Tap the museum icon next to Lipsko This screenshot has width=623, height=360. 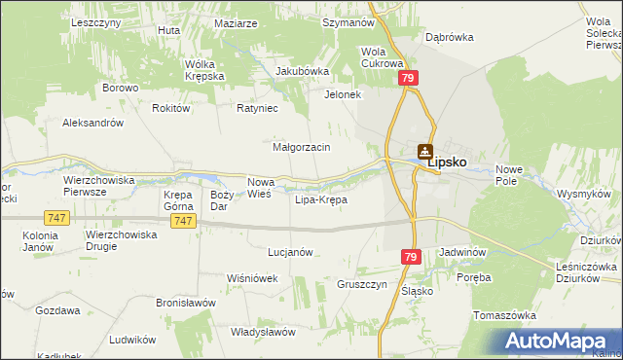pyautogui.click(x=424, y=152)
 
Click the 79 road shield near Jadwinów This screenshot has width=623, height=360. pyautogui.click(x=411, y=256)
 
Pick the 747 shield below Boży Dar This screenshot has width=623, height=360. pyautogui.click(x=182, y=221)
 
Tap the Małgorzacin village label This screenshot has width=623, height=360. pyautogui.click(x=302, y=147)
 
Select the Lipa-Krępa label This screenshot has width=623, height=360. pyautogui.click(x=320, y=199)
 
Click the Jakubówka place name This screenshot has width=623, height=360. pyautogui.click(x=303, y=71)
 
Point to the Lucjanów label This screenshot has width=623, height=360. pyautogui.click(x=290, y=251)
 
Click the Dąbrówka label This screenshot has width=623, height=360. pyautogui.click(x=449, y=37)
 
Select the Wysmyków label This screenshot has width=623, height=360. pyautogui.click(x=582, y=193)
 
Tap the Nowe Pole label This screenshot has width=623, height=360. pyautogui.click(x=509, y=175)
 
